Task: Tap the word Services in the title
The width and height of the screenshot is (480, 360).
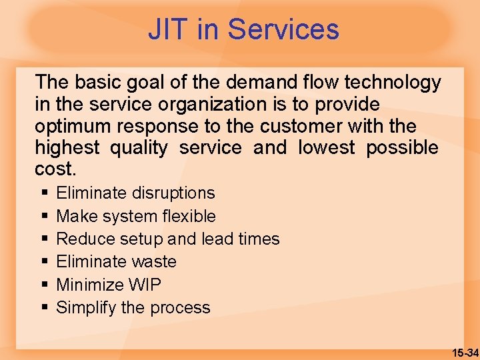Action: [x=283, y=30]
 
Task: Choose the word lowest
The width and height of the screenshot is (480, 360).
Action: [x=327, y=148]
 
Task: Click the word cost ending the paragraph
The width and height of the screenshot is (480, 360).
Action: [x=56, y=169]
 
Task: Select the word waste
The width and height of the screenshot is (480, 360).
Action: [x=154, y=261]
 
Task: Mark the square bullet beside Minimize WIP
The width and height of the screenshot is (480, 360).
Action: [x=44, y=285]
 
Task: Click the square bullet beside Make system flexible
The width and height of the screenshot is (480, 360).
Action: [x=44, y=216]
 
